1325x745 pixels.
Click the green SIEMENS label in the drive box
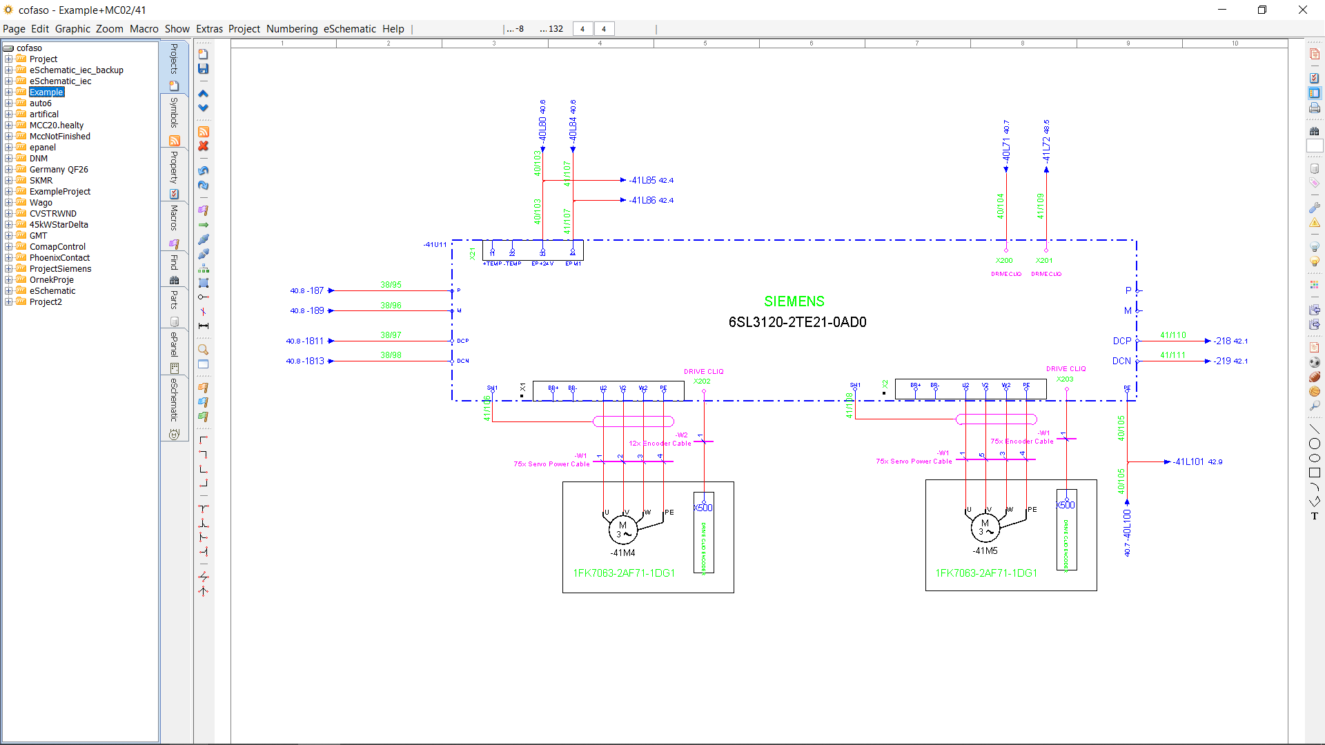[794, 301]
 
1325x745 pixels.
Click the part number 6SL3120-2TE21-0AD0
[797, 322]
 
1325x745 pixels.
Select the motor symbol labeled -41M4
[622, 530]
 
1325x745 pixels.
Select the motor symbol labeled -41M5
[985, 528]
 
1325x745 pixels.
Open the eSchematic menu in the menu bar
[349, 29]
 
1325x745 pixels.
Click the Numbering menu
[291, 29]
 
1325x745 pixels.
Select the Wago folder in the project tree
[41, 203]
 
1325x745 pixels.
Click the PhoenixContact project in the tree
[59, 258]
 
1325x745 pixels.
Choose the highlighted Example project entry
[46, 92]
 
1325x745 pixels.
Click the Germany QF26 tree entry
[59, 170]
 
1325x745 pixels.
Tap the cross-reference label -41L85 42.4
[651, 180]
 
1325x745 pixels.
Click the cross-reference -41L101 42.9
[1197, 462]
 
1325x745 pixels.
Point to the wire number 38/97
[391, 335]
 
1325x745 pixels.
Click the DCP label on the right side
[1121, 341]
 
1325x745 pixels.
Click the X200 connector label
[1004, 261]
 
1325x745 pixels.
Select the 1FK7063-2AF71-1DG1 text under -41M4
[624, 573]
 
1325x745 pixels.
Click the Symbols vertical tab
[174, 112]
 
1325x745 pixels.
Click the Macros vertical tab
[174, 218]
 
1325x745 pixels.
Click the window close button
[1302, 10]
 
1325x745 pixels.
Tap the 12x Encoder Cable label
[659, 444]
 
